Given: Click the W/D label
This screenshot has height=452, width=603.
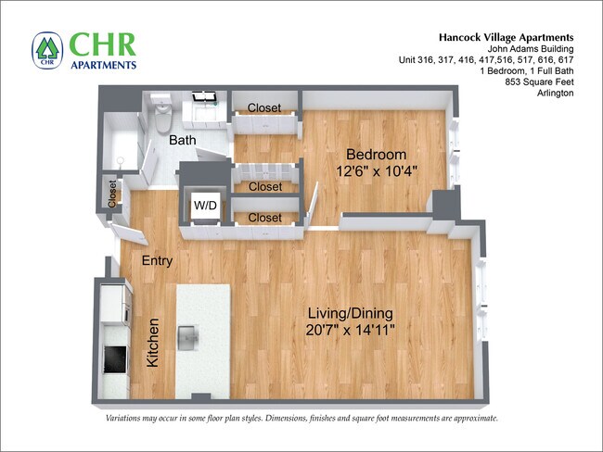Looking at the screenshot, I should coord(205,204).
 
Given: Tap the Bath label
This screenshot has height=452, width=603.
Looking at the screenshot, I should coord(182,141).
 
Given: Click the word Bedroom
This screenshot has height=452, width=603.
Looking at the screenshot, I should coord(376,154).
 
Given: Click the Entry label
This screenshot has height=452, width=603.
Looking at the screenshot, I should coord(157,261).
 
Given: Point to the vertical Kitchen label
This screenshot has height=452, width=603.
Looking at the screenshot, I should coord(154,343).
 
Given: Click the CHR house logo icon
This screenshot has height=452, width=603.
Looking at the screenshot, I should coord(46,50).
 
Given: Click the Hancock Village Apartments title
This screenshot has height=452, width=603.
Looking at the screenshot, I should coord(507,37).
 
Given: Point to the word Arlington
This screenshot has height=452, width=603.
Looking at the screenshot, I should coord(555,94).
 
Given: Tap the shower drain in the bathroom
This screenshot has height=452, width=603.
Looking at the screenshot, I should coord(120,159).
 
